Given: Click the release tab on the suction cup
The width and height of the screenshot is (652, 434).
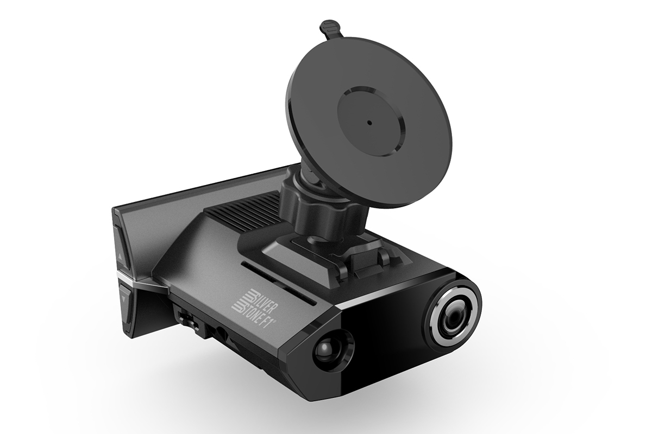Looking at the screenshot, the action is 330,29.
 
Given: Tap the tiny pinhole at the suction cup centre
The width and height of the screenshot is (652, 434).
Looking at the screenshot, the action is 369,123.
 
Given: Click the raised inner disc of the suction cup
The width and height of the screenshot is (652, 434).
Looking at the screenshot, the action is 371,121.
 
